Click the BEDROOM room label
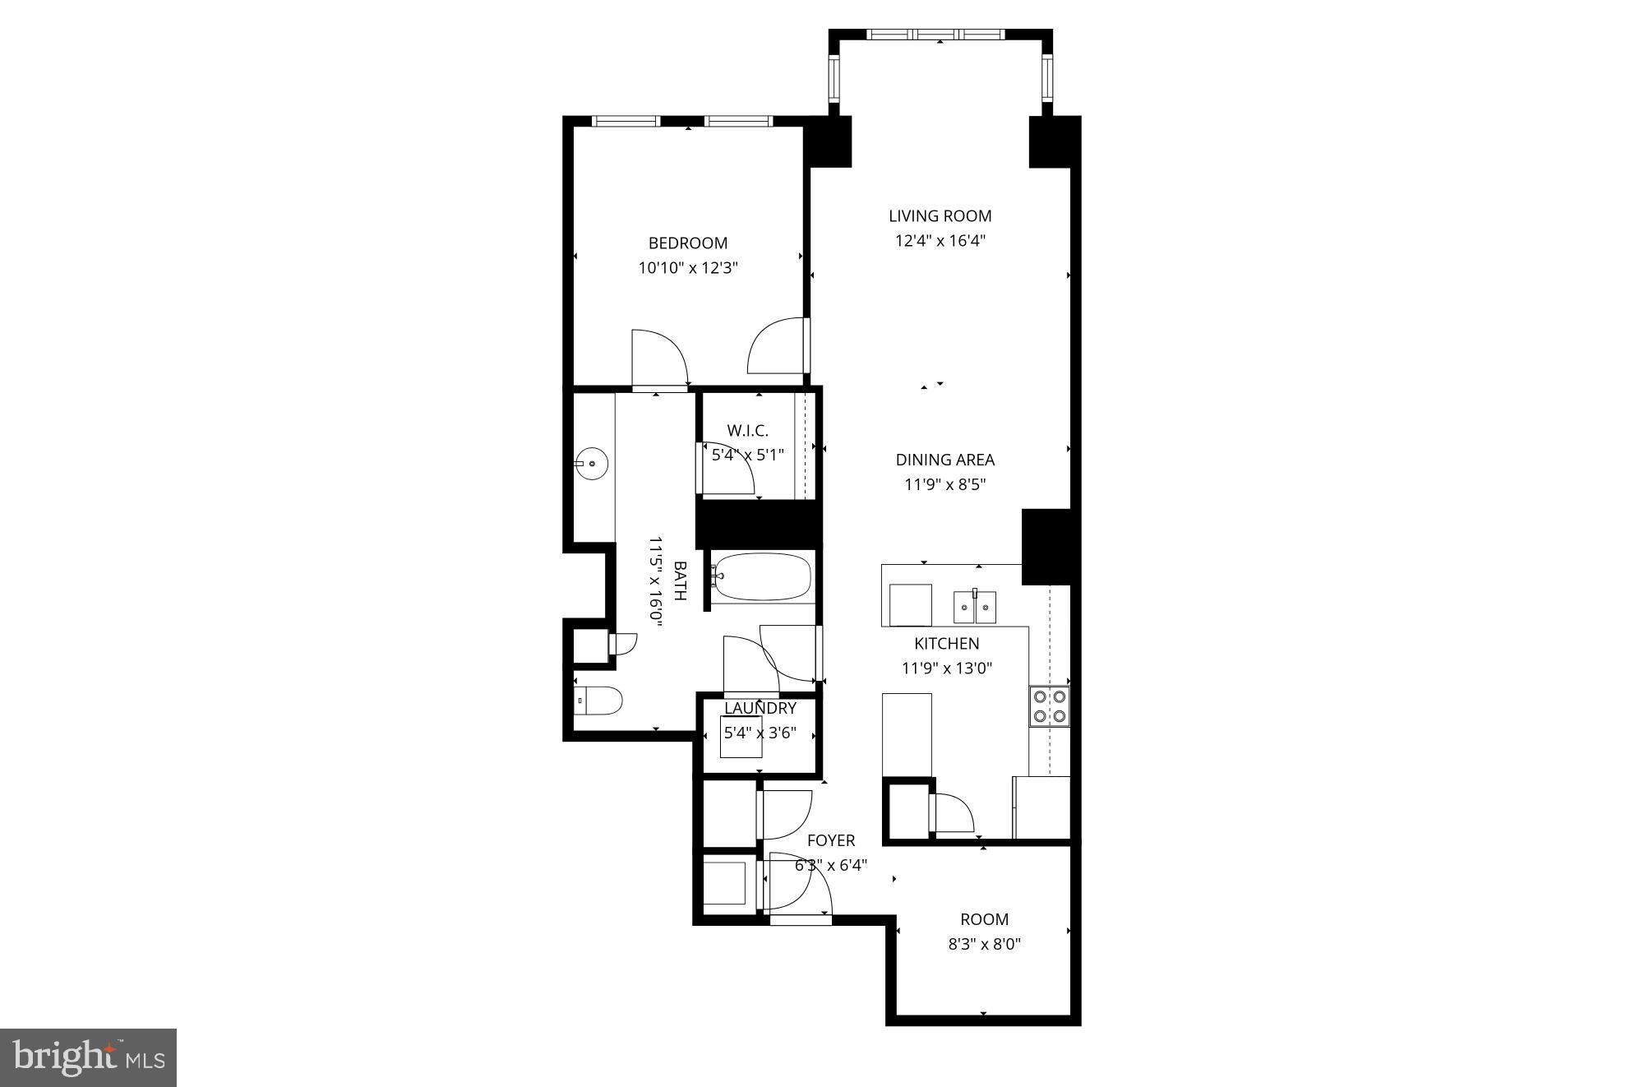click(687, 243)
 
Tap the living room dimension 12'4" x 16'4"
click(940, 241)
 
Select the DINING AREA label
click(944, 460)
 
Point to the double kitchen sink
click(974, 607)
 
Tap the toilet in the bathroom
click(597, 701)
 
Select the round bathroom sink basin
click(591, 464)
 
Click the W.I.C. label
click(747, 430)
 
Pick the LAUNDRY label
click(760, 708)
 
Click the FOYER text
click(830, 840)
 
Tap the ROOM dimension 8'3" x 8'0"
click(984, 944)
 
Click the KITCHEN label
click(946, 644)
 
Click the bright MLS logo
click(88, 1057)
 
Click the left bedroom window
click(626, 121)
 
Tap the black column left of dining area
click(758, 524)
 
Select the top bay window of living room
click(935, 35)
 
